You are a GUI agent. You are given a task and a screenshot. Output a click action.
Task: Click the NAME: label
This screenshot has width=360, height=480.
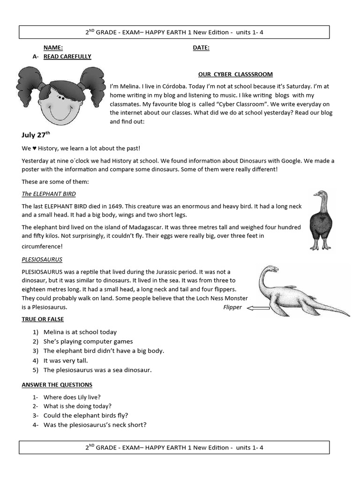(x=53, y=48)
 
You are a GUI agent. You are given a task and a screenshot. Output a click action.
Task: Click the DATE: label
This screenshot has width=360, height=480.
(x=201, y=48)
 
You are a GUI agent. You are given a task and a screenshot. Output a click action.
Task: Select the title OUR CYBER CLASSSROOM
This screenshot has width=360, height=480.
(x=235, y=75)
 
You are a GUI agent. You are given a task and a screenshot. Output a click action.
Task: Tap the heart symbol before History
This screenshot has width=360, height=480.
(x=33, y=149)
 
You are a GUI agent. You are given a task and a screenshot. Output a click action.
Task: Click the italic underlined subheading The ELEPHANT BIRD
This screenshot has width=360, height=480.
(x=49, y=194)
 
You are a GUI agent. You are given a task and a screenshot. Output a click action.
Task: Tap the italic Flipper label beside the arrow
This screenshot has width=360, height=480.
(x=232, y=307)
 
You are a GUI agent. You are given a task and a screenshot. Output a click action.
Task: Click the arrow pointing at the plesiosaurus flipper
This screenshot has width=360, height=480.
(x=257, y=308)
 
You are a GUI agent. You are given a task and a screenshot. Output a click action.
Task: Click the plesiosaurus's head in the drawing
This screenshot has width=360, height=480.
(x=273, y=269)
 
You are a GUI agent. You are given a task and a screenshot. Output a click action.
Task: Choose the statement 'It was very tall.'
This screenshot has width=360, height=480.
(x=66, y=360)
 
